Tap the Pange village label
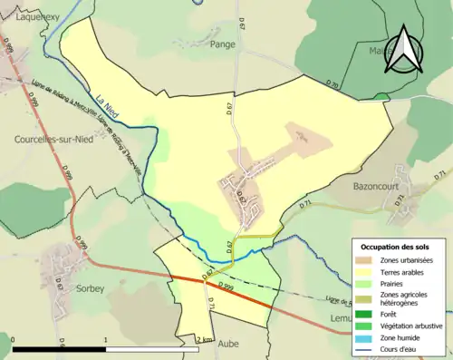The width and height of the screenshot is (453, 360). coord(222,43)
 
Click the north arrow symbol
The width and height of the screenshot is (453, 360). coord(405,50)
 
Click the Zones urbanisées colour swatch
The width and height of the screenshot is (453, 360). coord(368,260)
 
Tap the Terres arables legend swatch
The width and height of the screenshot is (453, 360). coord(368,271)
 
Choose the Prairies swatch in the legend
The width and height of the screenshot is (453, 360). coord(368,283)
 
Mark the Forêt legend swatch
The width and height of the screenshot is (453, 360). coord(368,315)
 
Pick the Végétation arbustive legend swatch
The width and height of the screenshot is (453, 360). coord(368,326)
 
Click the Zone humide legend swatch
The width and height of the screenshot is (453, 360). coord(368,337)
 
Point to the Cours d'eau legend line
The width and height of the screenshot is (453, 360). coord(368,348)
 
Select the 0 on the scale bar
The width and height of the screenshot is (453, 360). coord(13,339)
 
